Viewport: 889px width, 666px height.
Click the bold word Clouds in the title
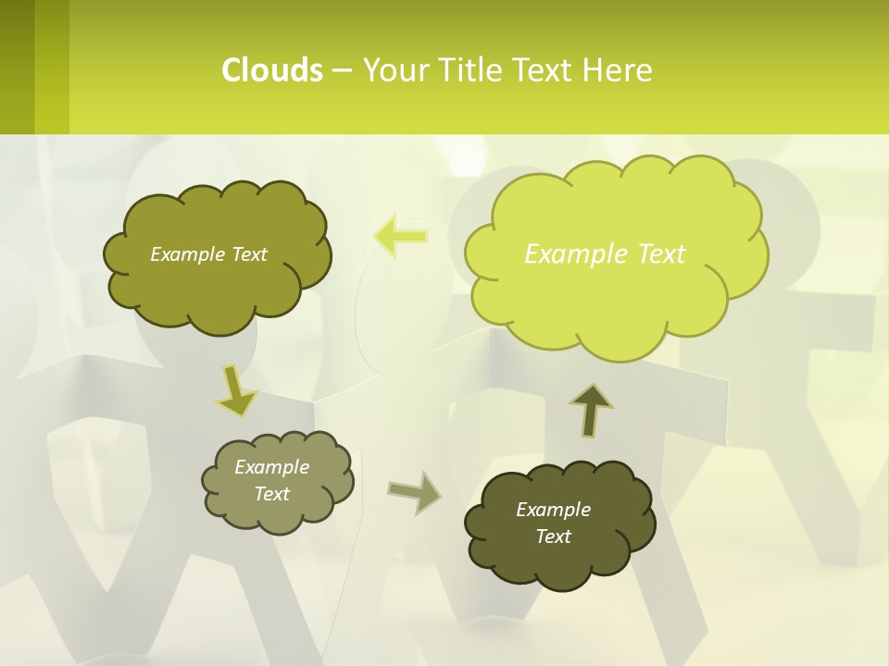click(x=272, y=70)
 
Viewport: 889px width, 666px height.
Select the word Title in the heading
click(x=475, y=70)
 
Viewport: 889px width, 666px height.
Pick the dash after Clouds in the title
click(x=342, y=70)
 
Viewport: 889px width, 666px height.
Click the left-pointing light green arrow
click(x=400, y=237)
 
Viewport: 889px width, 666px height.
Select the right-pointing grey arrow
click(x=414, y=492)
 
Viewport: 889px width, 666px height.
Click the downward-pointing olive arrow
click(x=237, y=391)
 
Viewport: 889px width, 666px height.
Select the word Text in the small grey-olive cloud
click(x=271, y=494)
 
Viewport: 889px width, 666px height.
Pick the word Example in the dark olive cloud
click(x=553, y=510)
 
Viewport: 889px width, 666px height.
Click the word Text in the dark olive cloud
click(x=553, y=536)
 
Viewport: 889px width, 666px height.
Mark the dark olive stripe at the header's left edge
click(x=17, y=67)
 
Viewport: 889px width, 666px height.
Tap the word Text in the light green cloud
click(x=661, y=254)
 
